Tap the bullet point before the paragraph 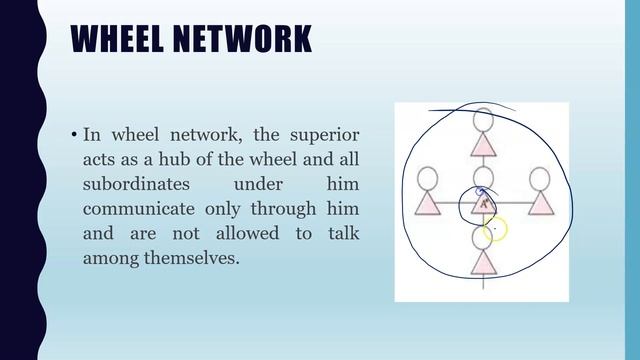click(x=74, y=134)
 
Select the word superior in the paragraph click(x=325, y=133)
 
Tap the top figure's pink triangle click(x=483, y=146)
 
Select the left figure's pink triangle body click(x=428, y=203)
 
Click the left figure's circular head click(x=428, y=179)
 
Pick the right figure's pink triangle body click(x=540, y=203)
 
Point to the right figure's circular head click(x=540, y=179)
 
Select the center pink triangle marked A click(x=484, y=203)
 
